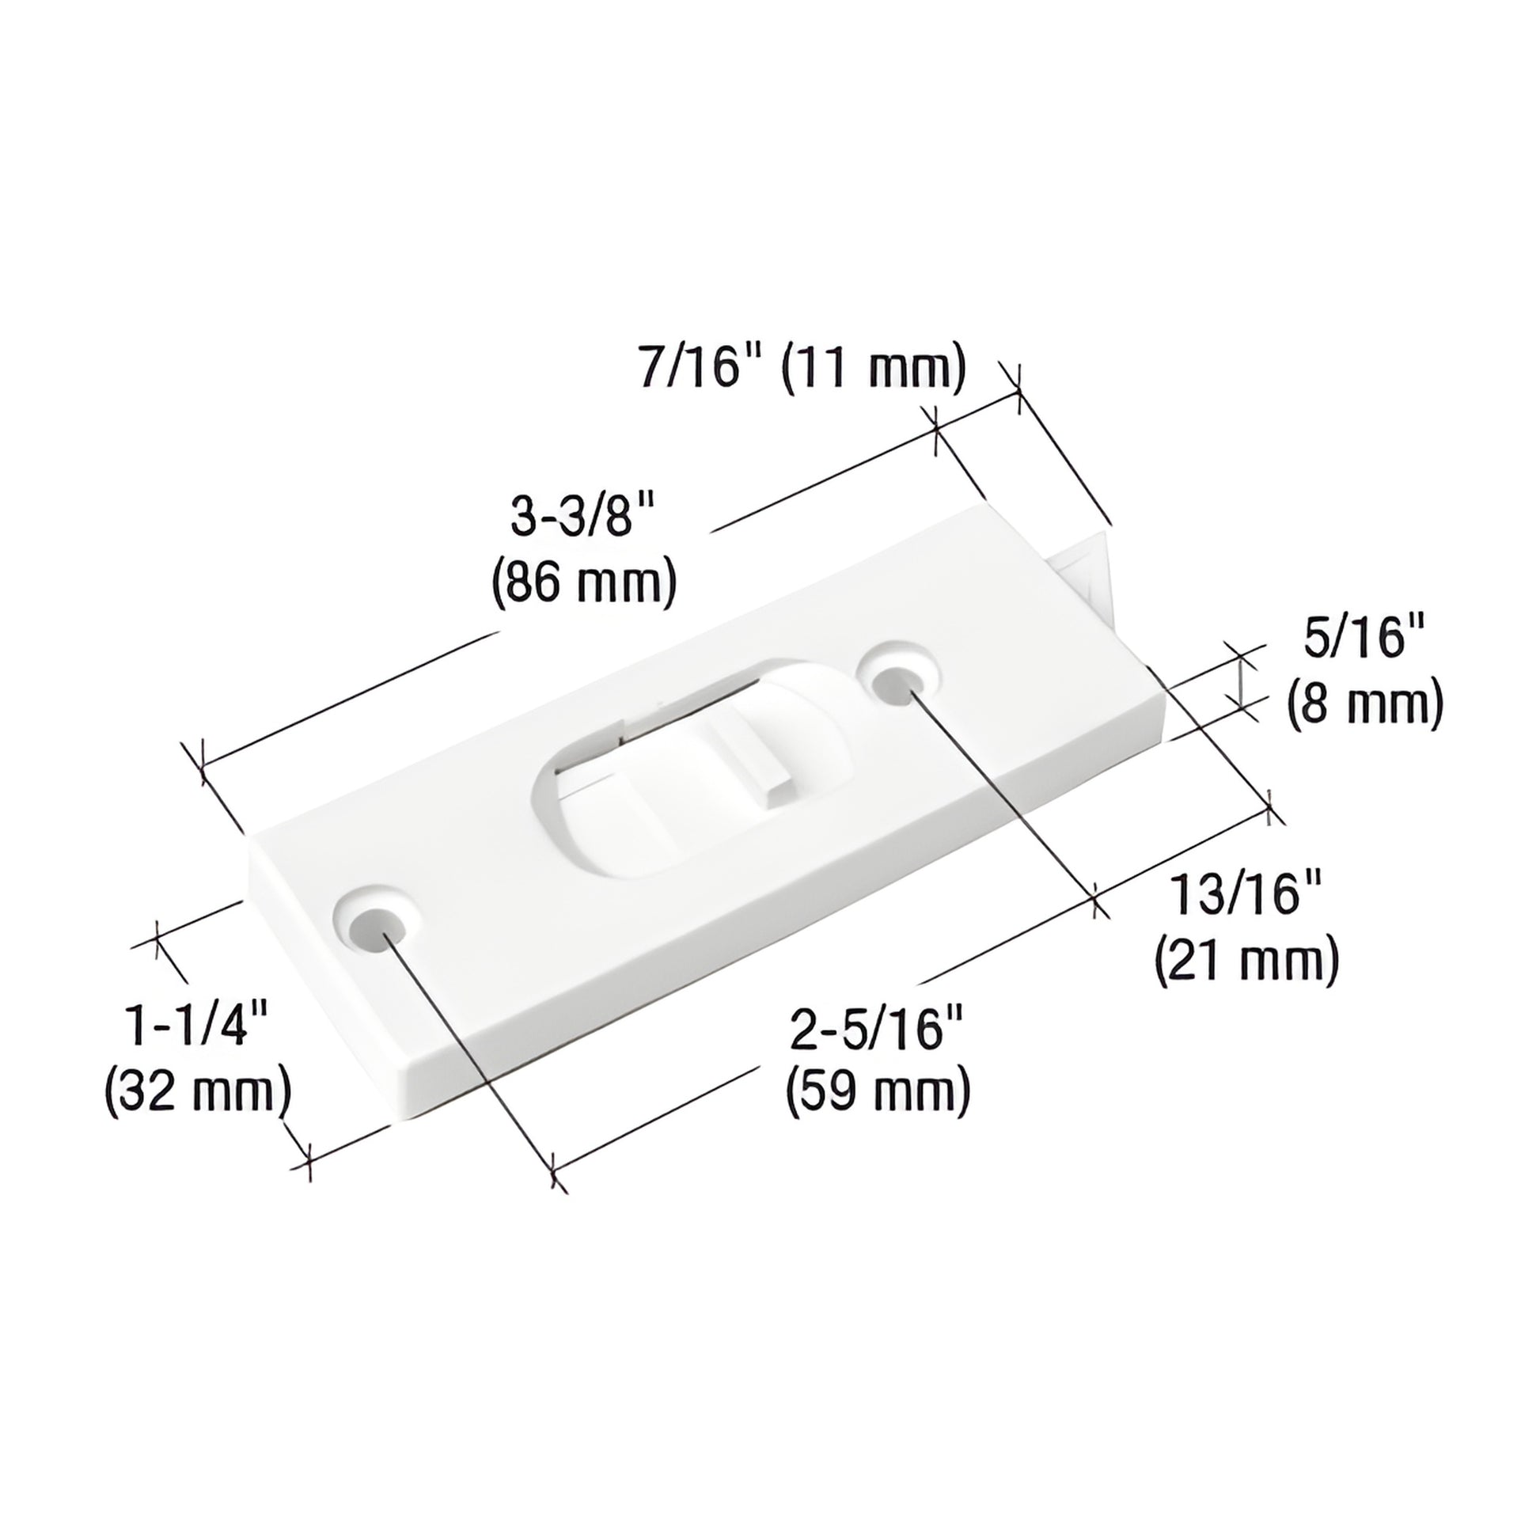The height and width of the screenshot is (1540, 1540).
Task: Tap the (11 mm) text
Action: pyautogui.click(x=873, y=368)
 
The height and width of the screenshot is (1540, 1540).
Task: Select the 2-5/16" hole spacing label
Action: pyautogui.click(x=877, y=1028)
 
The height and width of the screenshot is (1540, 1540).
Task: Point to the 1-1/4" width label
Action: pyautogui.click(x=196, y=1025)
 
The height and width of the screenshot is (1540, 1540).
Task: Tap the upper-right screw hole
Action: pyautogui.click(x=901, y=684)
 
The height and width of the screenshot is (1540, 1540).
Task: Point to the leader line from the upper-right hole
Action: pyautogui.click(x=1004, y=789)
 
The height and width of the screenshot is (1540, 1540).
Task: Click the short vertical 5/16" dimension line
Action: pyautogui.click(x=1240, y=676)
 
